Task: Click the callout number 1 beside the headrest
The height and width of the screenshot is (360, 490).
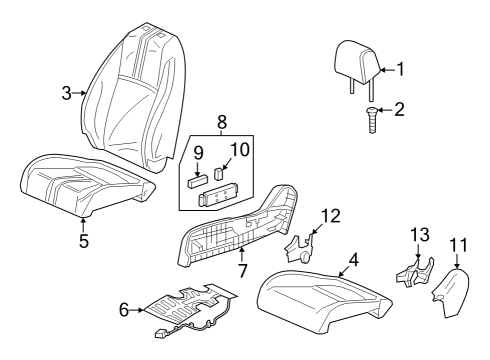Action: click(x=401, y=69)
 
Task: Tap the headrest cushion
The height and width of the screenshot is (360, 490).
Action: click(x=356, y=62)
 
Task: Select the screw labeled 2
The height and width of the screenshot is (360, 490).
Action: click(x=372, y=119)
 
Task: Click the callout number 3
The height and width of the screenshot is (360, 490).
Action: click(x=67, y=93)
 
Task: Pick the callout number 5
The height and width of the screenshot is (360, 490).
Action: click(x=84, y=241)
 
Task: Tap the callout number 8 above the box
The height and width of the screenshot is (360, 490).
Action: click(x=222, y=122)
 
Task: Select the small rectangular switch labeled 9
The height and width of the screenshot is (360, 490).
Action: click(x=198, y=182)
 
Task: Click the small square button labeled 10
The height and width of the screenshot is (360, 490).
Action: click(x=219, y=174)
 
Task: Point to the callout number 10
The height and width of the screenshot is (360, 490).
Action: click(x=240, y=149)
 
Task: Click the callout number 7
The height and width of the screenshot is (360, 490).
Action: click(x=242, y=270)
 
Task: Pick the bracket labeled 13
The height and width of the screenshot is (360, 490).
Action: click(x=415, y=273)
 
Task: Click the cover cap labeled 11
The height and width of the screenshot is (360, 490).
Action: click(x=452, y=292)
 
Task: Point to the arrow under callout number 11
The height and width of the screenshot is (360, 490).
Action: click(x=457, y=260)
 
